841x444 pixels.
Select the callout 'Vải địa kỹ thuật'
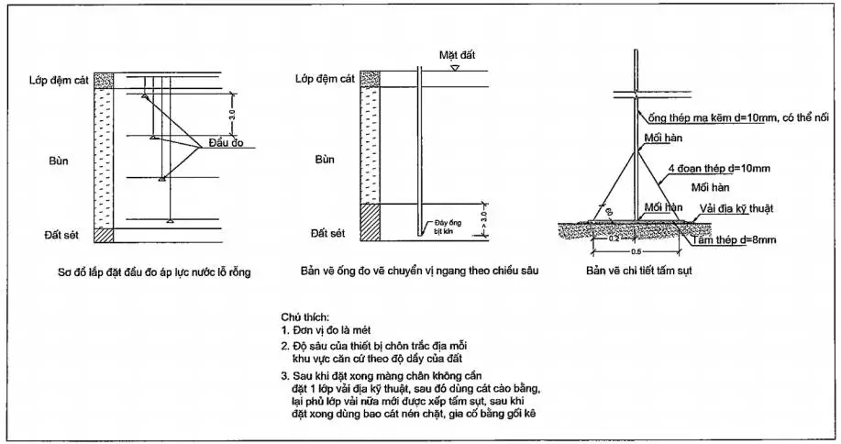coord(736,208)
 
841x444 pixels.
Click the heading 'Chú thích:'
coord(306,315)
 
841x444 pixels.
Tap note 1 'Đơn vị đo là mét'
coord(336,328)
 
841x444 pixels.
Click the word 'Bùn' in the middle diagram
coord(324,159)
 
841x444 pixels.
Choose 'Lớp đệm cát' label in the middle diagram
coord(325,79)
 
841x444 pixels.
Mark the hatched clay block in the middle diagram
coord(370,221)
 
